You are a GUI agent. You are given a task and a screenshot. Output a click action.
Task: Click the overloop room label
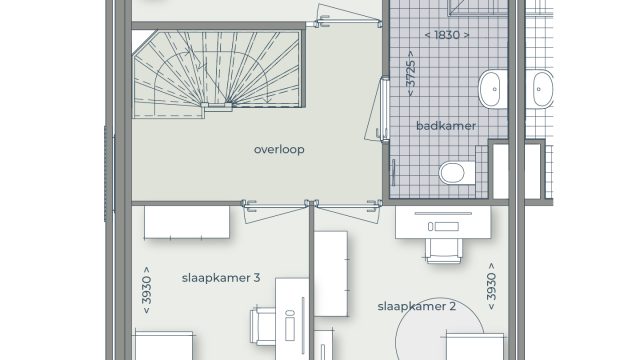(279, 150)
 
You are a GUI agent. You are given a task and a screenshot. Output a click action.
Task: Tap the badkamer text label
(446, 126)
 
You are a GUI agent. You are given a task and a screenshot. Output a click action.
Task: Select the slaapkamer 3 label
(221, 278)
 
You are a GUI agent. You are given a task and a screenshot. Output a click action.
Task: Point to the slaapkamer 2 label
(416, 306)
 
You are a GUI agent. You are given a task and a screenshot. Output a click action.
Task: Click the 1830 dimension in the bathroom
(447, 35)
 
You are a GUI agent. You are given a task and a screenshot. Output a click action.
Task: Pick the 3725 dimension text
(411, 73)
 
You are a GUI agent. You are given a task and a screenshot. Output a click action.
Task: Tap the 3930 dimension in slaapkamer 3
(146, 290)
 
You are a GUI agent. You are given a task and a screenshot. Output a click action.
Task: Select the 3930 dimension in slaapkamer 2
(491, 287)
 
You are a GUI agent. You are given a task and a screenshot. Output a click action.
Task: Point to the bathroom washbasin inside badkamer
(493, 89)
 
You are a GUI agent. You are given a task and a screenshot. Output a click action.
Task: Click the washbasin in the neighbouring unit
(542, 89)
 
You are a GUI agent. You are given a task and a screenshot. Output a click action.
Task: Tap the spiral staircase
(218, 72)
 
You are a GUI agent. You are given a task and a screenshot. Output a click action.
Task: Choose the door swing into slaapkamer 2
(348, 211)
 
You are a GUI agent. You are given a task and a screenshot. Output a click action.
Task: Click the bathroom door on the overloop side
(378, 109)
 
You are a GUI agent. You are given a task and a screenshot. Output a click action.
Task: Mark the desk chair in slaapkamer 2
(444, 250)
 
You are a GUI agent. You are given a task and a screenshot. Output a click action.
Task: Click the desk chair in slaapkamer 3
(263, 327)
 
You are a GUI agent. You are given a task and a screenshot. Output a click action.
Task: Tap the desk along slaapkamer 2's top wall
(443, 222)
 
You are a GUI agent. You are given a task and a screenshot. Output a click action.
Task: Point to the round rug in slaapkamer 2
(440, 329)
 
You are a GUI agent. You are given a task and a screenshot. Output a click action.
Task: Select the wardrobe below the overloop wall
(187, 222)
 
